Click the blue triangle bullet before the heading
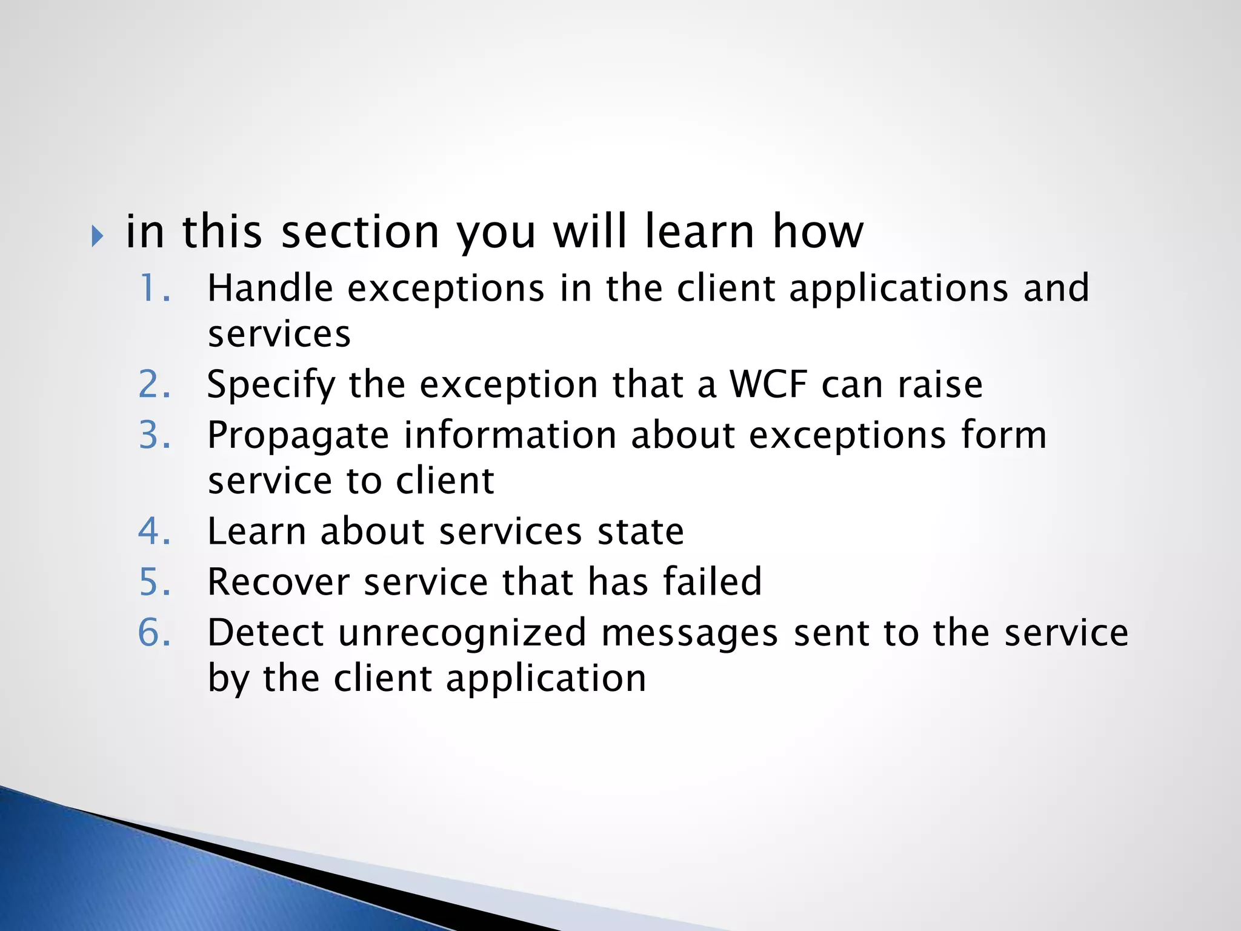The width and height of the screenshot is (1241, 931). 97,236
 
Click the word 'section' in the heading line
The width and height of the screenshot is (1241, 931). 360,232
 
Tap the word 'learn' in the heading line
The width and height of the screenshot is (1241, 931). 699,232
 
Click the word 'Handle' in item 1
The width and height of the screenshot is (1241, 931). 270,288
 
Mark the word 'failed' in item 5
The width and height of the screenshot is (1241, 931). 712,582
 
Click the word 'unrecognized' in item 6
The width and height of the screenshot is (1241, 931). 462,633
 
